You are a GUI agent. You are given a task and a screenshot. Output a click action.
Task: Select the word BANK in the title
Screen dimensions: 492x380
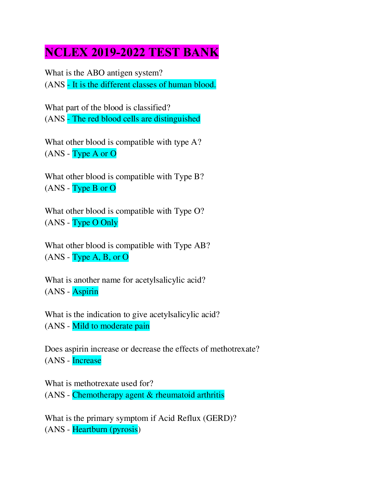point(201,52)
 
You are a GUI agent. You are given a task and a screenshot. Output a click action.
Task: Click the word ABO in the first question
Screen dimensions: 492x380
point(96,73)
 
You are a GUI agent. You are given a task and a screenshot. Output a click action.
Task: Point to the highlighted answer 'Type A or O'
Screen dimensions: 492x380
point(94,154)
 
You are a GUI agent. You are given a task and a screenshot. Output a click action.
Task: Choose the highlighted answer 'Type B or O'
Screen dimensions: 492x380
point(94,188)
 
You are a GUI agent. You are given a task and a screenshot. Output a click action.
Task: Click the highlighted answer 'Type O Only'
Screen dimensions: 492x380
point(95,223)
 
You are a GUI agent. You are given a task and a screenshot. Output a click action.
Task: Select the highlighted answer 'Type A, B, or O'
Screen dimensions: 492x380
point(100,257)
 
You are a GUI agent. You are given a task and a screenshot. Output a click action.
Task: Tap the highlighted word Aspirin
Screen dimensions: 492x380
point(85,292)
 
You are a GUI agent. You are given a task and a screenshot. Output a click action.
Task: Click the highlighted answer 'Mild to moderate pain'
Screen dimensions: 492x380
point(111,326)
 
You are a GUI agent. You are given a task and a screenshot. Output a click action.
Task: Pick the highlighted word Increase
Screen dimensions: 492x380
point(87,361)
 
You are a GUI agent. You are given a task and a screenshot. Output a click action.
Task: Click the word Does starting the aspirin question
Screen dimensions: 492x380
point(54,349)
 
